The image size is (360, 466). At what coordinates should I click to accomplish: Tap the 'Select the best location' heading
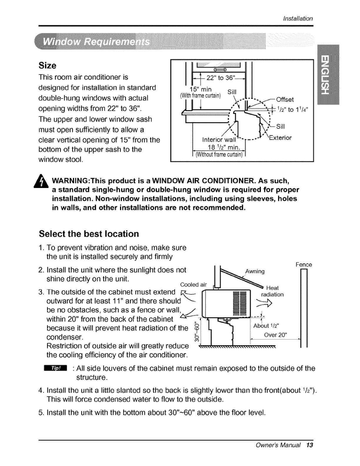click(x=89, y=234)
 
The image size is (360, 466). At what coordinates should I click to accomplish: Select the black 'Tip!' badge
click(x=55, y=368)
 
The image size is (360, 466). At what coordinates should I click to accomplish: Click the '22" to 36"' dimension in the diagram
click(x=220, y=78)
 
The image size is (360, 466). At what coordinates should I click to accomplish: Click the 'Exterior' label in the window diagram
click(x=280, y=138)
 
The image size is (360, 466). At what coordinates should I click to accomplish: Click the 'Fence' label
click(x=304, y=265)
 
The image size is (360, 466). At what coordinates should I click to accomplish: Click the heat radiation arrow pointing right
click(x=265, y=305)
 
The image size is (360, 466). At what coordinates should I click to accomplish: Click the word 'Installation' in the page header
click(x=298, y=19)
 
